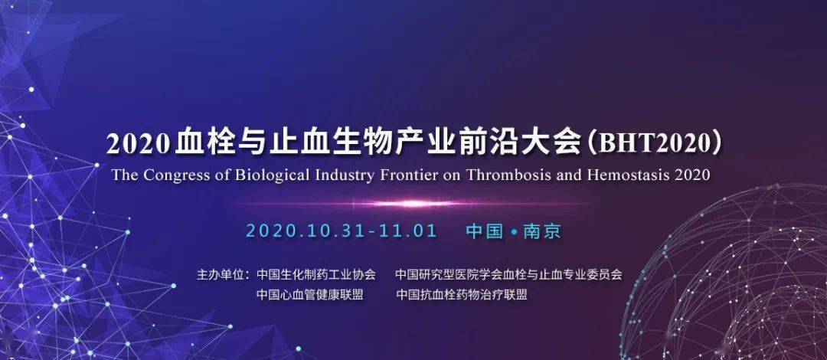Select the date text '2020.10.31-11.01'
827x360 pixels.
[x=342, y=231]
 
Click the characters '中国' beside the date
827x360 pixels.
[x=484, y=231]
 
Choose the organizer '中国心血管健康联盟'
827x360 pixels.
[x=310, y=294]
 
